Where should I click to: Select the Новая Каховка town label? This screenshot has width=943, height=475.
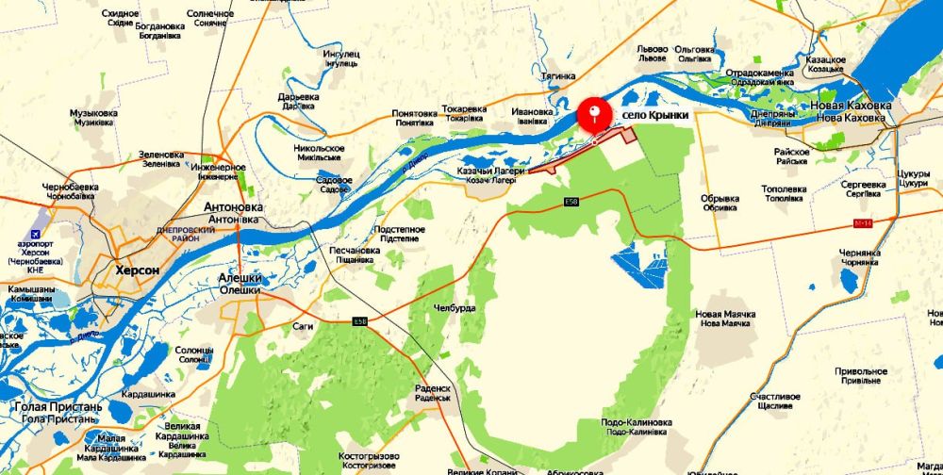848,105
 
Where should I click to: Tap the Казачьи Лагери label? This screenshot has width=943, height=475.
488,171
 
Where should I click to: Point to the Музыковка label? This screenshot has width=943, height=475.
93,113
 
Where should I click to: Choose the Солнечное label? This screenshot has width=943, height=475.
210,14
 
